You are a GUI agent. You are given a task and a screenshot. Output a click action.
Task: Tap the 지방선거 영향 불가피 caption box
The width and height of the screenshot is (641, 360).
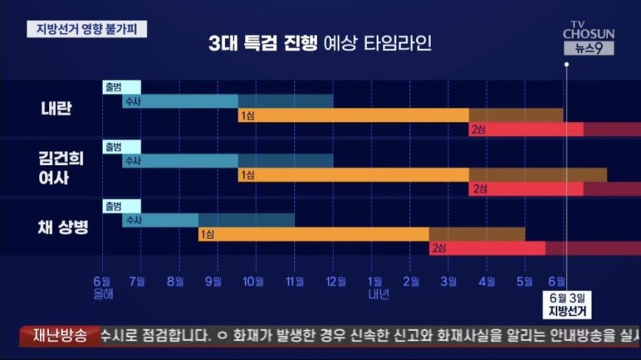point(87,29)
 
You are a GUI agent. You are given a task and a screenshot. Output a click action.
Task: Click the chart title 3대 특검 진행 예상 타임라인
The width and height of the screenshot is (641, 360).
point(320,43)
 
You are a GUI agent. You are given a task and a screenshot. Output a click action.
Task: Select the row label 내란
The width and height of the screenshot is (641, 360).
point(56,107)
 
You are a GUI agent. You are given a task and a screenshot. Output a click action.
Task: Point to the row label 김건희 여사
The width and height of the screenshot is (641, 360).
point(61,167)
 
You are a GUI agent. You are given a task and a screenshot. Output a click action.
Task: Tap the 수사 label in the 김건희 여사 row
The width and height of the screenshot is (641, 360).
point(132,161)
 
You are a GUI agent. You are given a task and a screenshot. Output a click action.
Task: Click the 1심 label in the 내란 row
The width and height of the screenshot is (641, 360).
point(247,115)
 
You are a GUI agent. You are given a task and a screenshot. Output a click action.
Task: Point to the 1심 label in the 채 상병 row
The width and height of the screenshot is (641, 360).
point(207,234)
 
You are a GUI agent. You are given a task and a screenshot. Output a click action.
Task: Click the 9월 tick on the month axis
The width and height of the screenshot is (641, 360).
point(216,282)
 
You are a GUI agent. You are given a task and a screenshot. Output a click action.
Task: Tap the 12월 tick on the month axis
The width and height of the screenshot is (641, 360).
point(333,282)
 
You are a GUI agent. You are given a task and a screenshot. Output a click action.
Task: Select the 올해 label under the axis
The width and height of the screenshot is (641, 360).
point(102,294)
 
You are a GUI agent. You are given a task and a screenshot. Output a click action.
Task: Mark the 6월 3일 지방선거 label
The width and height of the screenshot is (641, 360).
point(567,305)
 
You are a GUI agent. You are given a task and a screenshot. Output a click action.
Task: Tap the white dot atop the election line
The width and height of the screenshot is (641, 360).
point(567,64)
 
